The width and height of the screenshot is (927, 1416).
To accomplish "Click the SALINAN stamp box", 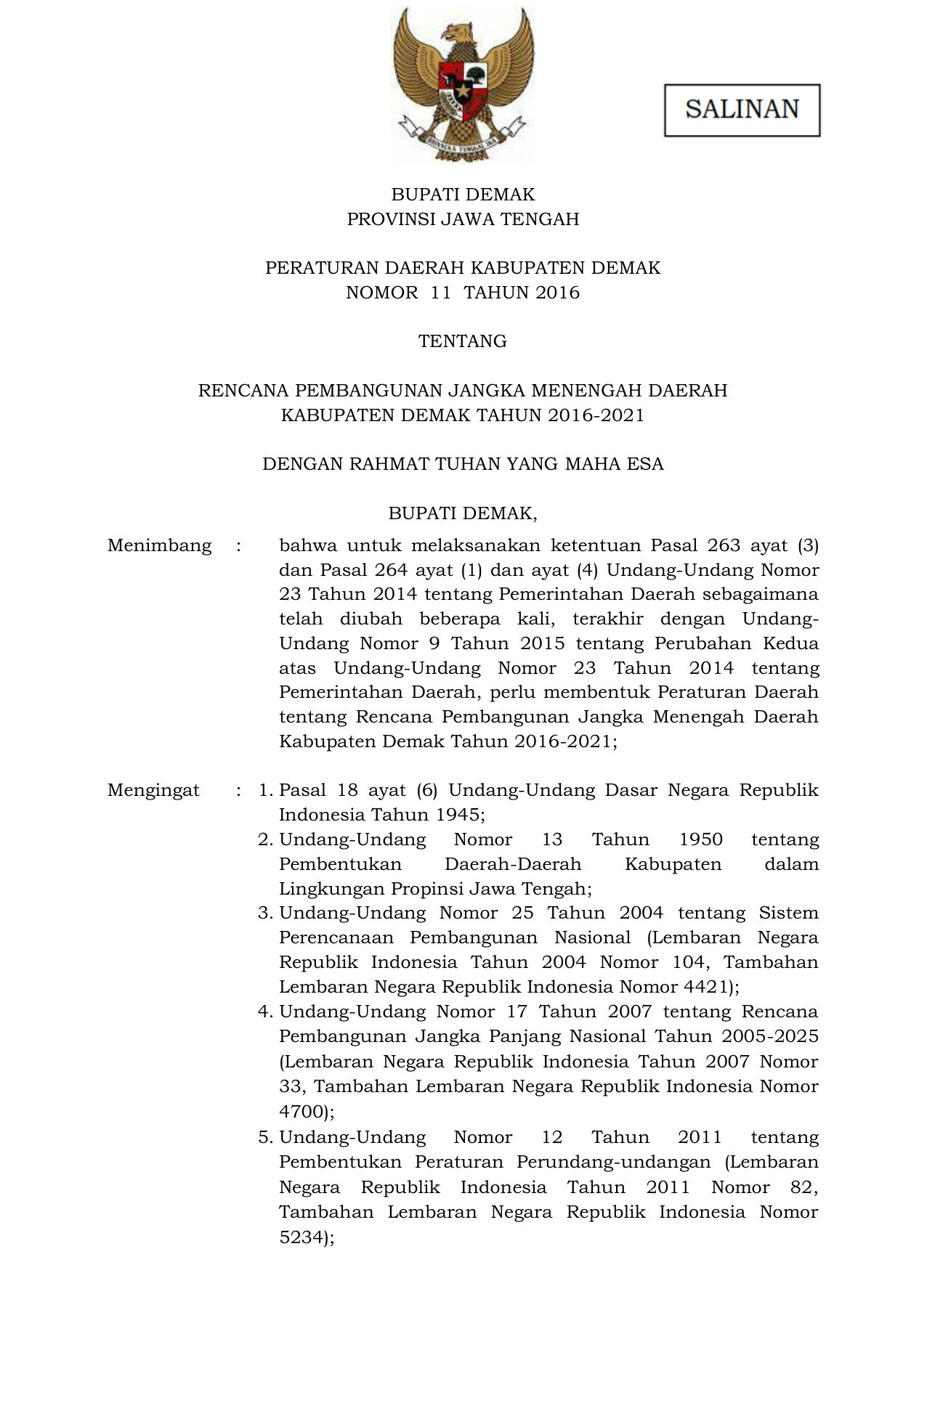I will point(742,110).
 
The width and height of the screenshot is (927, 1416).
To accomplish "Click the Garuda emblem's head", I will point(459,33).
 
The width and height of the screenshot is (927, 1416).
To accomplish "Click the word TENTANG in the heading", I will point(462,341).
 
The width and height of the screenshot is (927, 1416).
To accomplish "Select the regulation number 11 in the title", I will point(440,293).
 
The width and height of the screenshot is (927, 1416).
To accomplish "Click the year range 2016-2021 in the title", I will point(596,415).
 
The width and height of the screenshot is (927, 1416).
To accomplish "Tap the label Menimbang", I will point(159,545).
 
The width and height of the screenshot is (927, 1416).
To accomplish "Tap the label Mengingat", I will point(153,790).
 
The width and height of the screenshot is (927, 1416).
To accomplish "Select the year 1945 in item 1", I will point(457,815).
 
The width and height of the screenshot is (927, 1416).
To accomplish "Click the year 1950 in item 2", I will point(700,839).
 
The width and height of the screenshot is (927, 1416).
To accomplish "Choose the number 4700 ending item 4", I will point(301,1111).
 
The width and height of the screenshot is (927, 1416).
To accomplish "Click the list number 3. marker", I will point(265,913).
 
